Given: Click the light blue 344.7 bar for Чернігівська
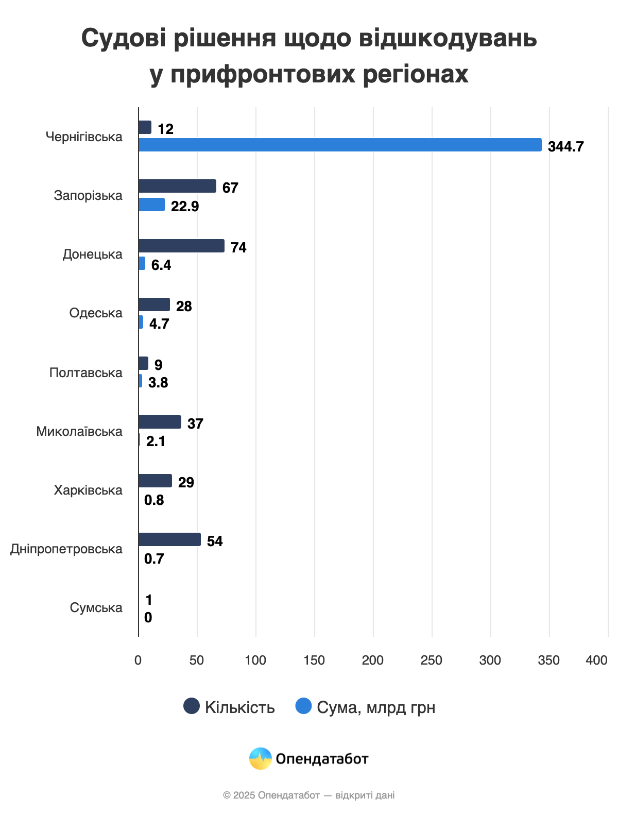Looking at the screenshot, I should click(340, 145).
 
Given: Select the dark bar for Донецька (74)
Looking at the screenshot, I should click(181, 246).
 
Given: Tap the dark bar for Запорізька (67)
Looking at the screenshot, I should click(177, 186).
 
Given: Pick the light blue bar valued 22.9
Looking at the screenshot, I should click(151, 205).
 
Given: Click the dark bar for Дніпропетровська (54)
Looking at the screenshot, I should click(169, 539).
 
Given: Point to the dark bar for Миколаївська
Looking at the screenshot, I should click(160, 422).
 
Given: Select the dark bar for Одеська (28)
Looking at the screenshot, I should click(154, 304).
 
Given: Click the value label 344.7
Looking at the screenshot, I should click(565, 147).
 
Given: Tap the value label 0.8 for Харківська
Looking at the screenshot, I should click(154, 500).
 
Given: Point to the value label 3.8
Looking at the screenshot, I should click(158, 383).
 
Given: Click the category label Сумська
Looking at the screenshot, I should click(96, 608).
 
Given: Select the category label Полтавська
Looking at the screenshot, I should click(86, 373).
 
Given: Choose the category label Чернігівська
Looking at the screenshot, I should click(84, 137).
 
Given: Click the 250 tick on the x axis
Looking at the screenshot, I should click(432, 660).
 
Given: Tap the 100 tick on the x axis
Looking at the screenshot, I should click(255, 660).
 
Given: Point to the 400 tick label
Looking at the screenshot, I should click(596, 660).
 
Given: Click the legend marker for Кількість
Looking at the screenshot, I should click(192, 706).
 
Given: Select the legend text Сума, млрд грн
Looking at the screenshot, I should click(376, 708).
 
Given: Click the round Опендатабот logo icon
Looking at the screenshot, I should click(261, 758).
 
